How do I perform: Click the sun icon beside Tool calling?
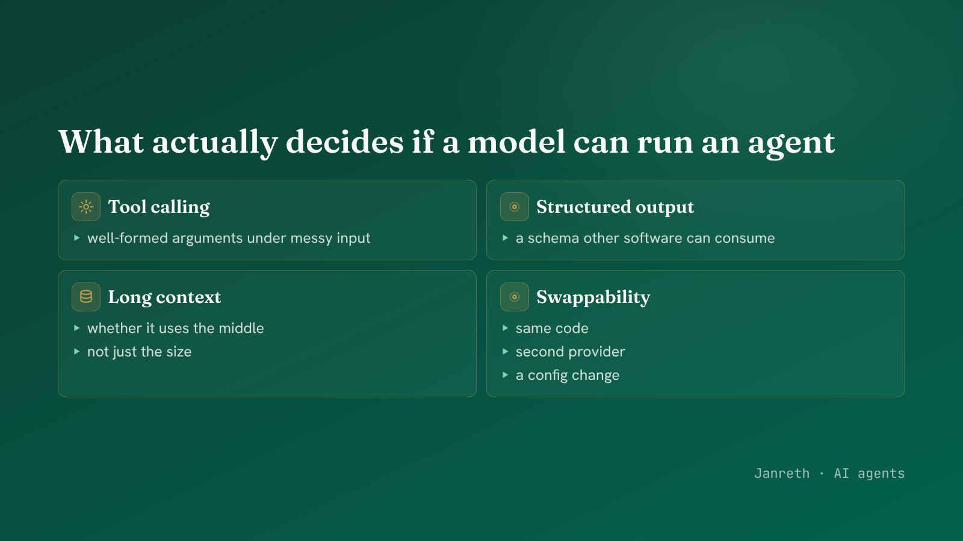click(x=86, y=207)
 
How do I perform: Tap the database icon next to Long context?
click(x=86, y=297)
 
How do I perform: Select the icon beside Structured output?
click(x=514, y=207)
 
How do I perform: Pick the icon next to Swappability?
click(x=514, y=297)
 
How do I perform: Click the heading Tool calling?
click(x=159, y=207)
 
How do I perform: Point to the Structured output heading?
click(x=615, y=207)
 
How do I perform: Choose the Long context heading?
click(x=164, y=297)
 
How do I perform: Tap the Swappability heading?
click(x=593, y=298)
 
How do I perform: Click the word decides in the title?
click(x=344, y=142)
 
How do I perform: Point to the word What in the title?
click(x=101, y=142)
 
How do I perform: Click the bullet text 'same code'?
click(x=552, y=328)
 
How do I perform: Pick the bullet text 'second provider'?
click(x=570, y=352)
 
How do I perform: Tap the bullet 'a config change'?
click(x=568, y=376)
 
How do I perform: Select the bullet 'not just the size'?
click(x=139, y=352)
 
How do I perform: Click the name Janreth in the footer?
click(x=782, y=474)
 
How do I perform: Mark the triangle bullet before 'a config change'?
click(x=505, y=375)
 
